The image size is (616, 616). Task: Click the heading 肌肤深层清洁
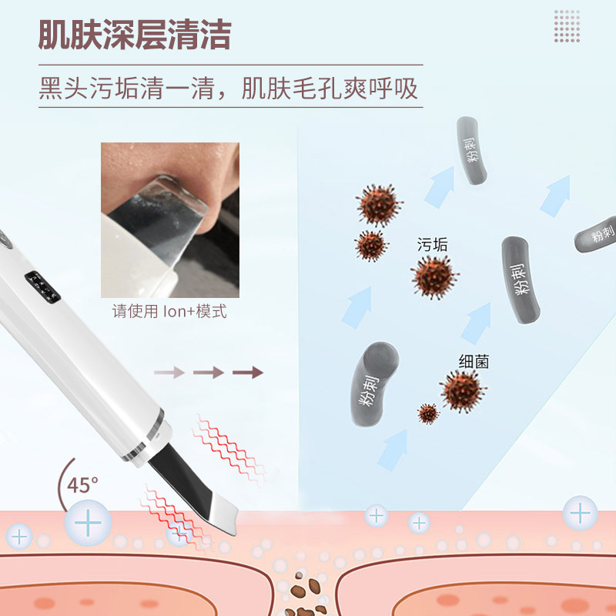(135, 34)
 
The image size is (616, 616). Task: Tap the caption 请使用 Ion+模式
(169, 313)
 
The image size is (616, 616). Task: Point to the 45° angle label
(82, 485)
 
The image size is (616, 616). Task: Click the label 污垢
(431, 245)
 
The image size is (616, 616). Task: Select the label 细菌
(474, 361)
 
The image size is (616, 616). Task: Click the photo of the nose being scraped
(169, 219)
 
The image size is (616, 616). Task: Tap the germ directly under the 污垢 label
(435, 277)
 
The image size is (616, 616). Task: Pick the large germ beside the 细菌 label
(463, 390)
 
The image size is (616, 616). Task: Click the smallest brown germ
(428, 413)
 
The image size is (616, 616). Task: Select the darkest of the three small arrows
(247, 373)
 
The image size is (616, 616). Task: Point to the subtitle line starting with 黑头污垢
(229, 88)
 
